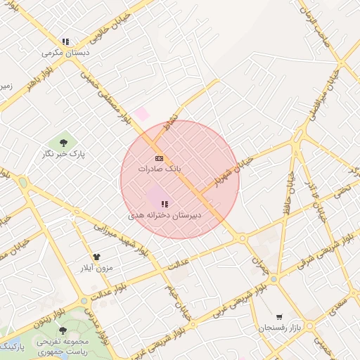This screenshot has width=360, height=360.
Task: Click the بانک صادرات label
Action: pyautogui.click(x=160, y=169)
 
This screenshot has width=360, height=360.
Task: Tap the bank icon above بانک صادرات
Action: pyautogui.click(x=160, y=159)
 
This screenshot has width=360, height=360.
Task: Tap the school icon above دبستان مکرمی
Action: pyautogui.click(x=65, y=41)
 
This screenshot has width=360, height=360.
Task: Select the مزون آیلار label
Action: pyautogui.click(x=97, y=269)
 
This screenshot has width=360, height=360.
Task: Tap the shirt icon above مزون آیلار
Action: pyautogui.click(x=97, y=258)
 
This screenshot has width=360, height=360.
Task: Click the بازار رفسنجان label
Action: pyautogui.click(x=280, y=328)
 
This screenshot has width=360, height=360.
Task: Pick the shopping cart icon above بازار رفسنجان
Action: pyautogui.click(x=280, y=317)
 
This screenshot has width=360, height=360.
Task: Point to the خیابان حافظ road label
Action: pyautogui.click(x=290, y=184)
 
